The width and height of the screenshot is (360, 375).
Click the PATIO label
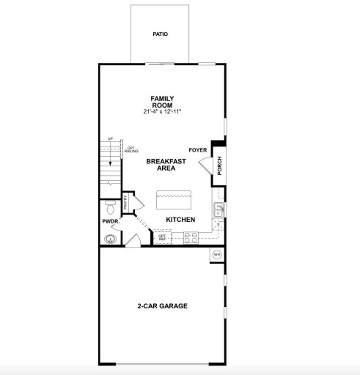pos(160,34)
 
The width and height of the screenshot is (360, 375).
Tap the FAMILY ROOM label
pos(161,101)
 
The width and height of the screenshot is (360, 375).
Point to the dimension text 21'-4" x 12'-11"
pos(161,111)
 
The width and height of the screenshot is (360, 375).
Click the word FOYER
pos(198,149)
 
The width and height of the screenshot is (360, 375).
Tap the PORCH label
pos(218,166)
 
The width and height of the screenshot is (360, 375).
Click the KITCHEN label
pos(180,220)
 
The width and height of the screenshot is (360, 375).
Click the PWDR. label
pos(110,222)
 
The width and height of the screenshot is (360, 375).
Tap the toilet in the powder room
pos(110,206)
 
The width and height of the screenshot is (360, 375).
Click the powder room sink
pos(111,237)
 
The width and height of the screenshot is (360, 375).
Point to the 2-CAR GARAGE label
pos(161,306)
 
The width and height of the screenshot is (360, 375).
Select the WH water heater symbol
pos(217,254)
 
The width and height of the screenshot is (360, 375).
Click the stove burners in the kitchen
pos(191,237)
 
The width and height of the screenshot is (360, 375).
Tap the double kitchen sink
pos(218,211)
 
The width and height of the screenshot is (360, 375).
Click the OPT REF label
pos(162,237)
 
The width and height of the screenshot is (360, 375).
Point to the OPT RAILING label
pos(132,149)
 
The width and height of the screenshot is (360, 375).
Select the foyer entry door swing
pos(205,163)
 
